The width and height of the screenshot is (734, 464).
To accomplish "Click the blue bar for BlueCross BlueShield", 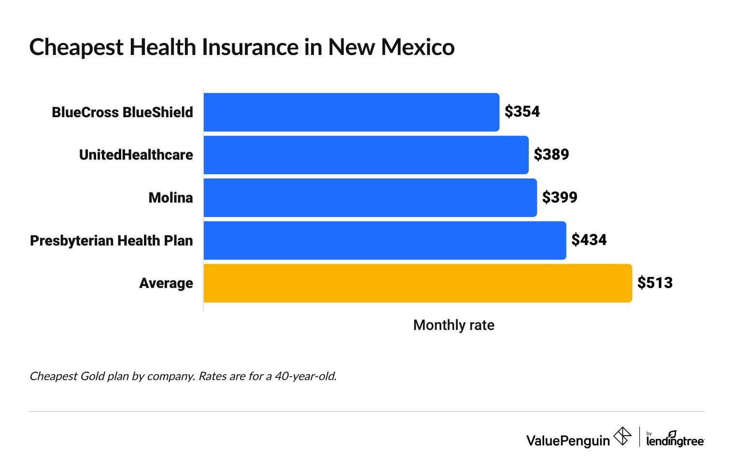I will (351, 112).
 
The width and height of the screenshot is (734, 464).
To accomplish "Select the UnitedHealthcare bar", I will (366, 155).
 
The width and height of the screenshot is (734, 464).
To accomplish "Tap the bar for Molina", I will (370, 198).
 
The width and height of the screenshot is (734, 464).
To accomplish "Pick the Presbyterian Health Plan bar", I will (384, 240).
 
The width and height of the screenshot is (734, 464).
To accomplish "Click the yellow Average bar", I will (417, 283).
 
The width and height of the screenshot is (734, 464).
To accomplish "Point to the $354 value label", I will (522, 112).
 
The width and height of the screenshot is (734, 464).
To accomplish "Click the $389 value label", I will (551, 155).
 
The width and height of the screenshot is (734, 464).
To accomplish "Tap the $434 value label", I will (589, 240).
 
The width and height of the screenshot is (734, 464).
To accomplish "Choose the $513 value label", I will (655, 283).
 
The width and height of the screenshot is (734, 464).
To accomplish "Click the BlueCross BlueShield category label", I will (122, 112).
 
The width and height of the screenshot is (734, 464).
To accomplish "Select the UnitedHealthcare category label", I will (136, 155).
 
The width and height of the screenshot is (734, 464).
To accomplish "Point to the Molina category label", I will (170, 198).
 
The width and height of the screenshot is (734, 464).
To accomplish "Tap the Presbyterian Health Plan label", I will (111, 241).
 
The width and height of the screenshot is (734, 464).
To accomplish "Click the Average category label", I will (166, 283).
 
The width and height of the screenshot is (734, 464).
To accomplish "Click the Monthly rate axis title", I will (453, 325).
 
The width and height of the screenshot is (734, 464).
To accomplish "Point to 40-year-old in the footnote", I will (305, 376).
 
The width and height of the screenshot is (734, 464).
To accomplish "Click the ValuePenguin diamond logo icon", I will (622, 437).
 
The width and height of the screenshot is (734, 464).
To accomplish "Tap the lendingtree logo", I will (675, 439).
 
